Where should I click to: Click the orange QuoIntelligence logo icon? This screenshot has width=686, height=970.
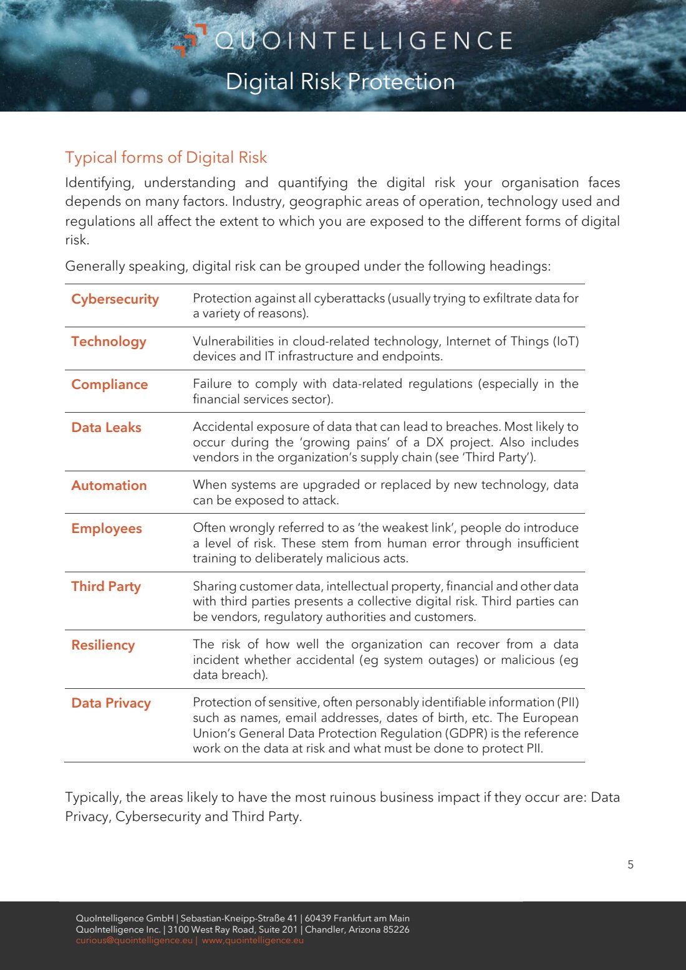click(x=190, y=40)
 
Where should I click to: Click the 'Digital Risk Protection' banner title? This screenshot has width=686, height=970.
click(x=340, y=82)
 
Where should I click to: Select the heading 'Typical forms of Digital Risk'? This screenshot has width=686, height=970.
click(x=166, y=157)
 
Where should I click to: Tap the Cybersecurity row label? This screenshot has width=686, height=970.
click(x=115, y=299)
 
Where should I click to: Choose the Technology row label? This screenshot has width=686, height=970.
click(x=109, y=342)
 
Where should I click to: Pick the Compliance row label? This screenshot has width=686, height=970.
click(x=109, y=385)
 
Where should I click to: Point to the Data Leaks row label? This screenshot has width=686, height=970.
click(x=106, y=428)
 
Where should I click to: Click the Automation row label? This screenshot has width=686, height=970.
click(x=109, y=486)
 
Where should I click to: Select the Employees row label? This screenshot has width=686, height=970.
click(x=106, y=529)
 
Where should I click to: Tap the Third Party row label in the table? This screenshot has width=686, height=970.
click(x=105, y=587)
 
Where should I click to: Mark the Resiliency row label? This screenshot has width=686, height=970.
click(x=103, y=645)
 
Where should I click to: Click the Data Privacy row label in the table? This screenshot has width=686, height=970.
click(x=111, y=703)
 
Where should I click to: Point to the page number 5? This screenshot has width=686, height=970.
click(x=630, y=865)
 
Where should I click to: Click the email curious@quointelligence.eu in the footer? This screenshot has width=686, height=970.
click(x=134, y=940)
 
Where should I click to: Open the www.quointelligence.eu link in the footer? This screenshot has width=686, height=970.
click(x=253, y=940)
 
